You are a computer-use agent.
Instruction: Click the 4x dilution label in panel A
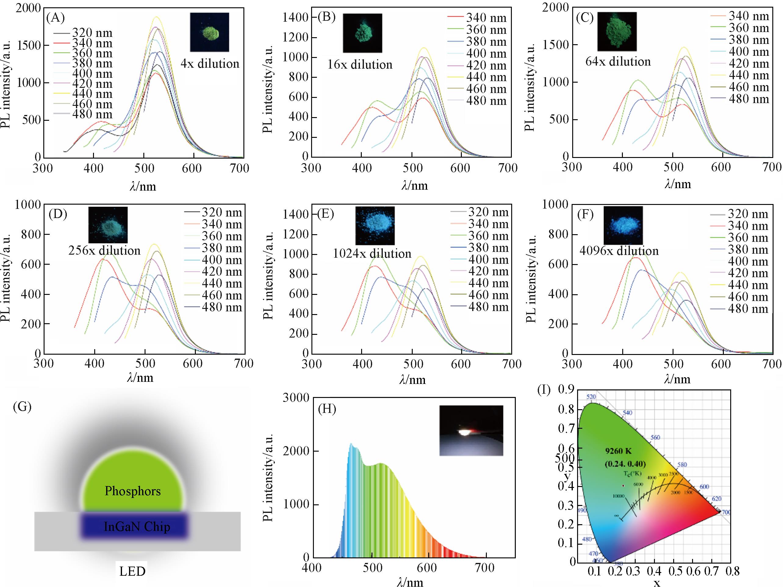click(210, 64)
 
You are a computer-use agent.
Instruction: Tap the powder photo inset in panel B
click(362, 33)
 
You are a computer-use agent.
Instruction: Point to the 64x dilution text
click(618, 62)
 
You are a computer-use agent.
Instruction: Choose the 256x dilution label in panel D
click(104, 251)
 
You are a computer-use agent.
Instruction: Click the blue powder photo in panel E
click(375, 225)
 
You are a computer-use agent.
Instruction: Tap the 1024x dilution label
click(372, 253)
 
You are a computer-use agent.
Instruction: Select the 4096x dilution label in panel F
click(619, 251)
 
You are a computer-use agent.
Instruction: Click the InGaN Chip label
click(137, 527)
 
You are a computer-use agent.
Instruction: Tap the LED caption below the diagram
click(132, 571)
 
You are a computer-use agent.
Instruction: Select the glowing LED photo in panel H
click(471, 430)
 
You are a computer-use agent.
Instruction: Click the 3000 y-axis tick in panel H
click(296, 398)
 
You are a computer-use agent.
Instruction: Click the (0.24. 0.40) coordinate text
click(625, 463)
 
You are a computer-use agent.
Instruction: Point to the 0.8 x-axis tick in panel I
click(732, 571)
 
